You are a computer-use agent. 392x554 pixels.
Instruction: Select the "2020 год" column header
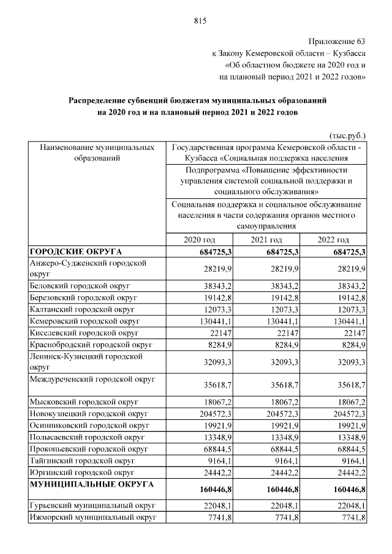click(x=200, y=239)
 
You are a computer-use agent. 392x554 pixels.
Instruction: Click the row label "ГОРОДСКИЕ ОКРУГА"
click(x=76, y=252)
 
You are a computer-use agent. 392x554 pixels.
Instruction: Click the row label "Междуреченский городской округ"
click(x=92, y=380)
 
